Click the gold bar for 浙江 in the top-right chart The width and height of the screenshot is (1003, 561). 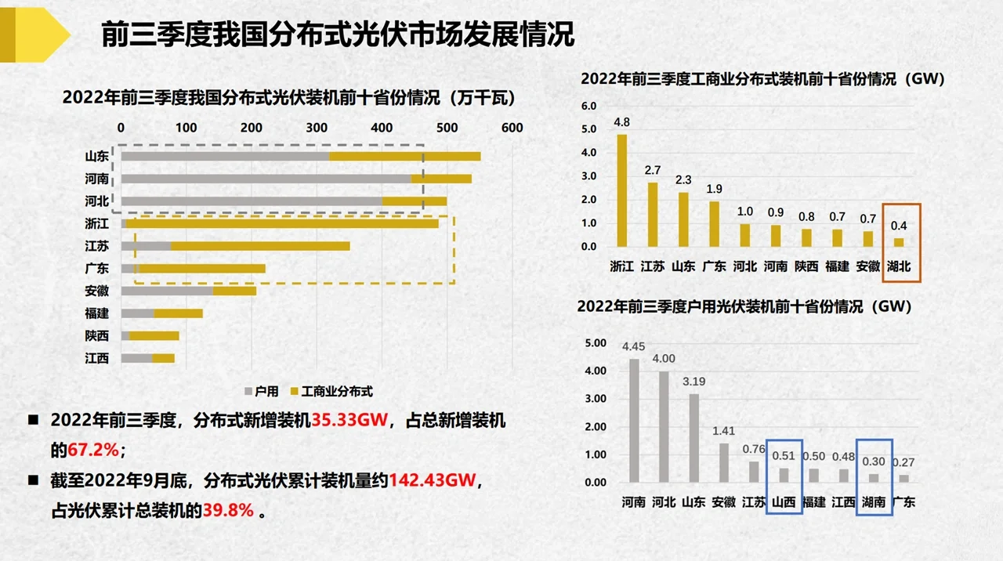coord(621,190)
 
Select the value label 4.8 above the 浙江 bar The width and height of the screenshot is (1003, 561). coord(621,122)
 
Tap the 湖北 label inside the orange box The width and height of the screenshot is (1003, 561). coord(900,266)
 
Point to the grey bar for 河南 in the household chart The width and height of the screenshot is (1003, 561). coord(633,421)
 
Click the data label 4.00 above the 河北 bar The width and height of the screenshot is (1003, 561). coord(664,359)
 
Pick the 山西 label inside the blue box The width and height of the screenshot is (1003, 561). coord(784,501)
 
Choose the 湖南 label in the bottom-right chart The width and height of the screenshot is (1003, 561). coord(874,501)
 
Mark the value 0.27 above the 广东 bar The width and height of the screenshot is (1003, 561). coord(903,462)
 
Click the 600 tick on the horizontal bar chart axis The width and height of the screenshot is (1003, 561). coord(512,128)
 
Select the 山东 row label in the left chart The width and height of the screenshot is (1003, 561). coord(97,156)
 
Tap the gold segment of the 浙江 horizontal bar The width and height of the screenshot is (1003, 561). coord(282,223)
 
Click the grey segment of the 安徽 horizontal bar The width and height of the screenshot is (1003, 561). coord(167,291)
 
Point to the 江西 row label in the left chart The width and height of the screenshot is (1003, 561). coord(97,359)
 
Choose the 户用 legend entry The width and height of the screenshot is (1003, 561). coord(262,391)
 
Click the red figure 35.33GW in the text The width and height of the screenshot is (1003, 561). coord(350,421)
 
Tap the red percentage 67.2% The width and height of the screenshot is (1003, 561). coord(93,451)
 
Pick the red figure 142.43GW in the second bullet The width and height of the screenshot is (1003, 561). coord(433,480)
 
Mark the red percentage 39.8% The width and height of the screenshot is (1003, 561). coord(228,510)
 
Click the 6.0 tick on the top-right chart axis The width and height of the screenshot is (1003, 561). coord(588,106)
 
